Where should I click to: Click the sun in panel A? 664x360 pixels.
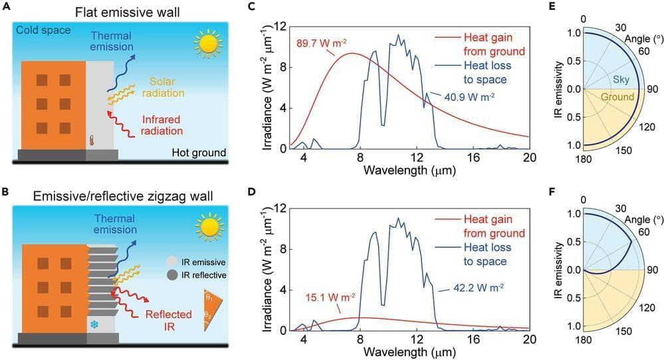(x=209, y=45)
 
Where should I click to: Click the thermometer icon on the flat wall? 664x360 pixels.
(x=91, y=140)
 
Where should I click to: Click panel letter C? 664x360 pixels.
(x=250, y=7)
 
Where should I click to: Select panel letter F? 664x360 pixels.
(x=570, y=195)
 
